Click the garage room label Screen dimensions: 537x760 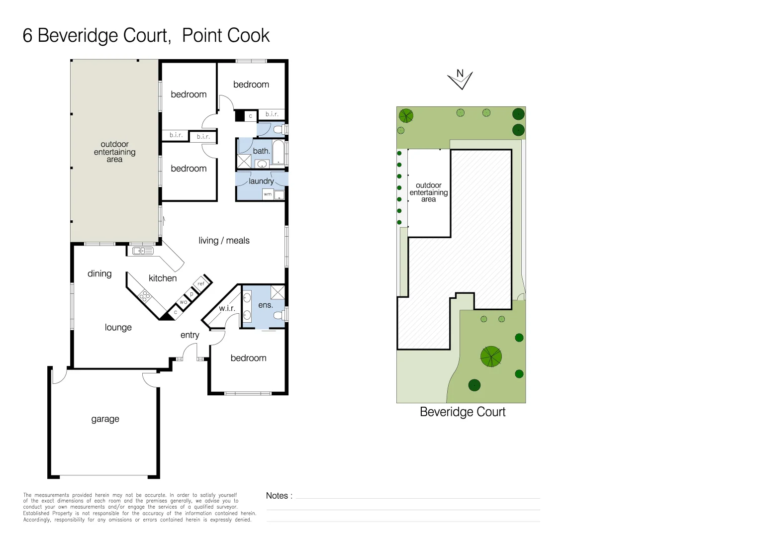[x=105, y=419]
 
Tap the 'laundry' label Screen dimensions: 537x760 [x=261, y=181]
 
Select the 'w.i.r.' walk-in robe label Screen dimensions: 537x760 [x=227, y=308]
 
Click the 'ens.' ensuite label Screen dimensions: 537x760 [x=265, y=305]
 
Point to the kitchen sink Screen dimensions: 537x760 [x=143, y=251]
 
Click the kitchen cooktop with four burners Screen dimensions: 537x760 [x=145, y=296]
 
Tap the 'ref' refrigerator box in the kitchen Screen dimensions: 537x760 [x=201, y=284]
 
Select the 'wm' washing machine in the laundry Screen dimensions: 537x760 [x=268, y=194]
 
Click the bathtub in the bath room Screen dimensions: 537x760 [x=278, y=153]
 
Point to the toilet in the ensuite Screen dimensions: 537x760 [x=280, y=315]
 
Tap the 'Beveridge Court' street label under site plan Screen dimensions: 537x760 [x=463, y=412]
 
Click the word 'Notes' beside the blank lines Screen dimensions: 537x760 [x=277, y=496]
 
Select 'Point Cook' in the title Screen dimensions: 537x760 [x=225, y=36]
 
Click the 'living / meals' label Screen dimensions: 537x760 [x=224, y=241]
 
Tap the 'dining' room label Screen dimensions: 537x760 [x=99, y=274]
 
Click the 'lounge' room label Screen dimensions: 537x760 [x=118, y=328]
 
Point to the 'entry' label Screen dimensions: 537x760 [x=190, y=335]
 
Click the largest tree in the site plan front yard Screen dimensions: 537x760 [x=491, y=357]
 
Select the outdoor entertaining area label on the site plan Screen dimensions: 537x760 [x=428, y=192]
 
